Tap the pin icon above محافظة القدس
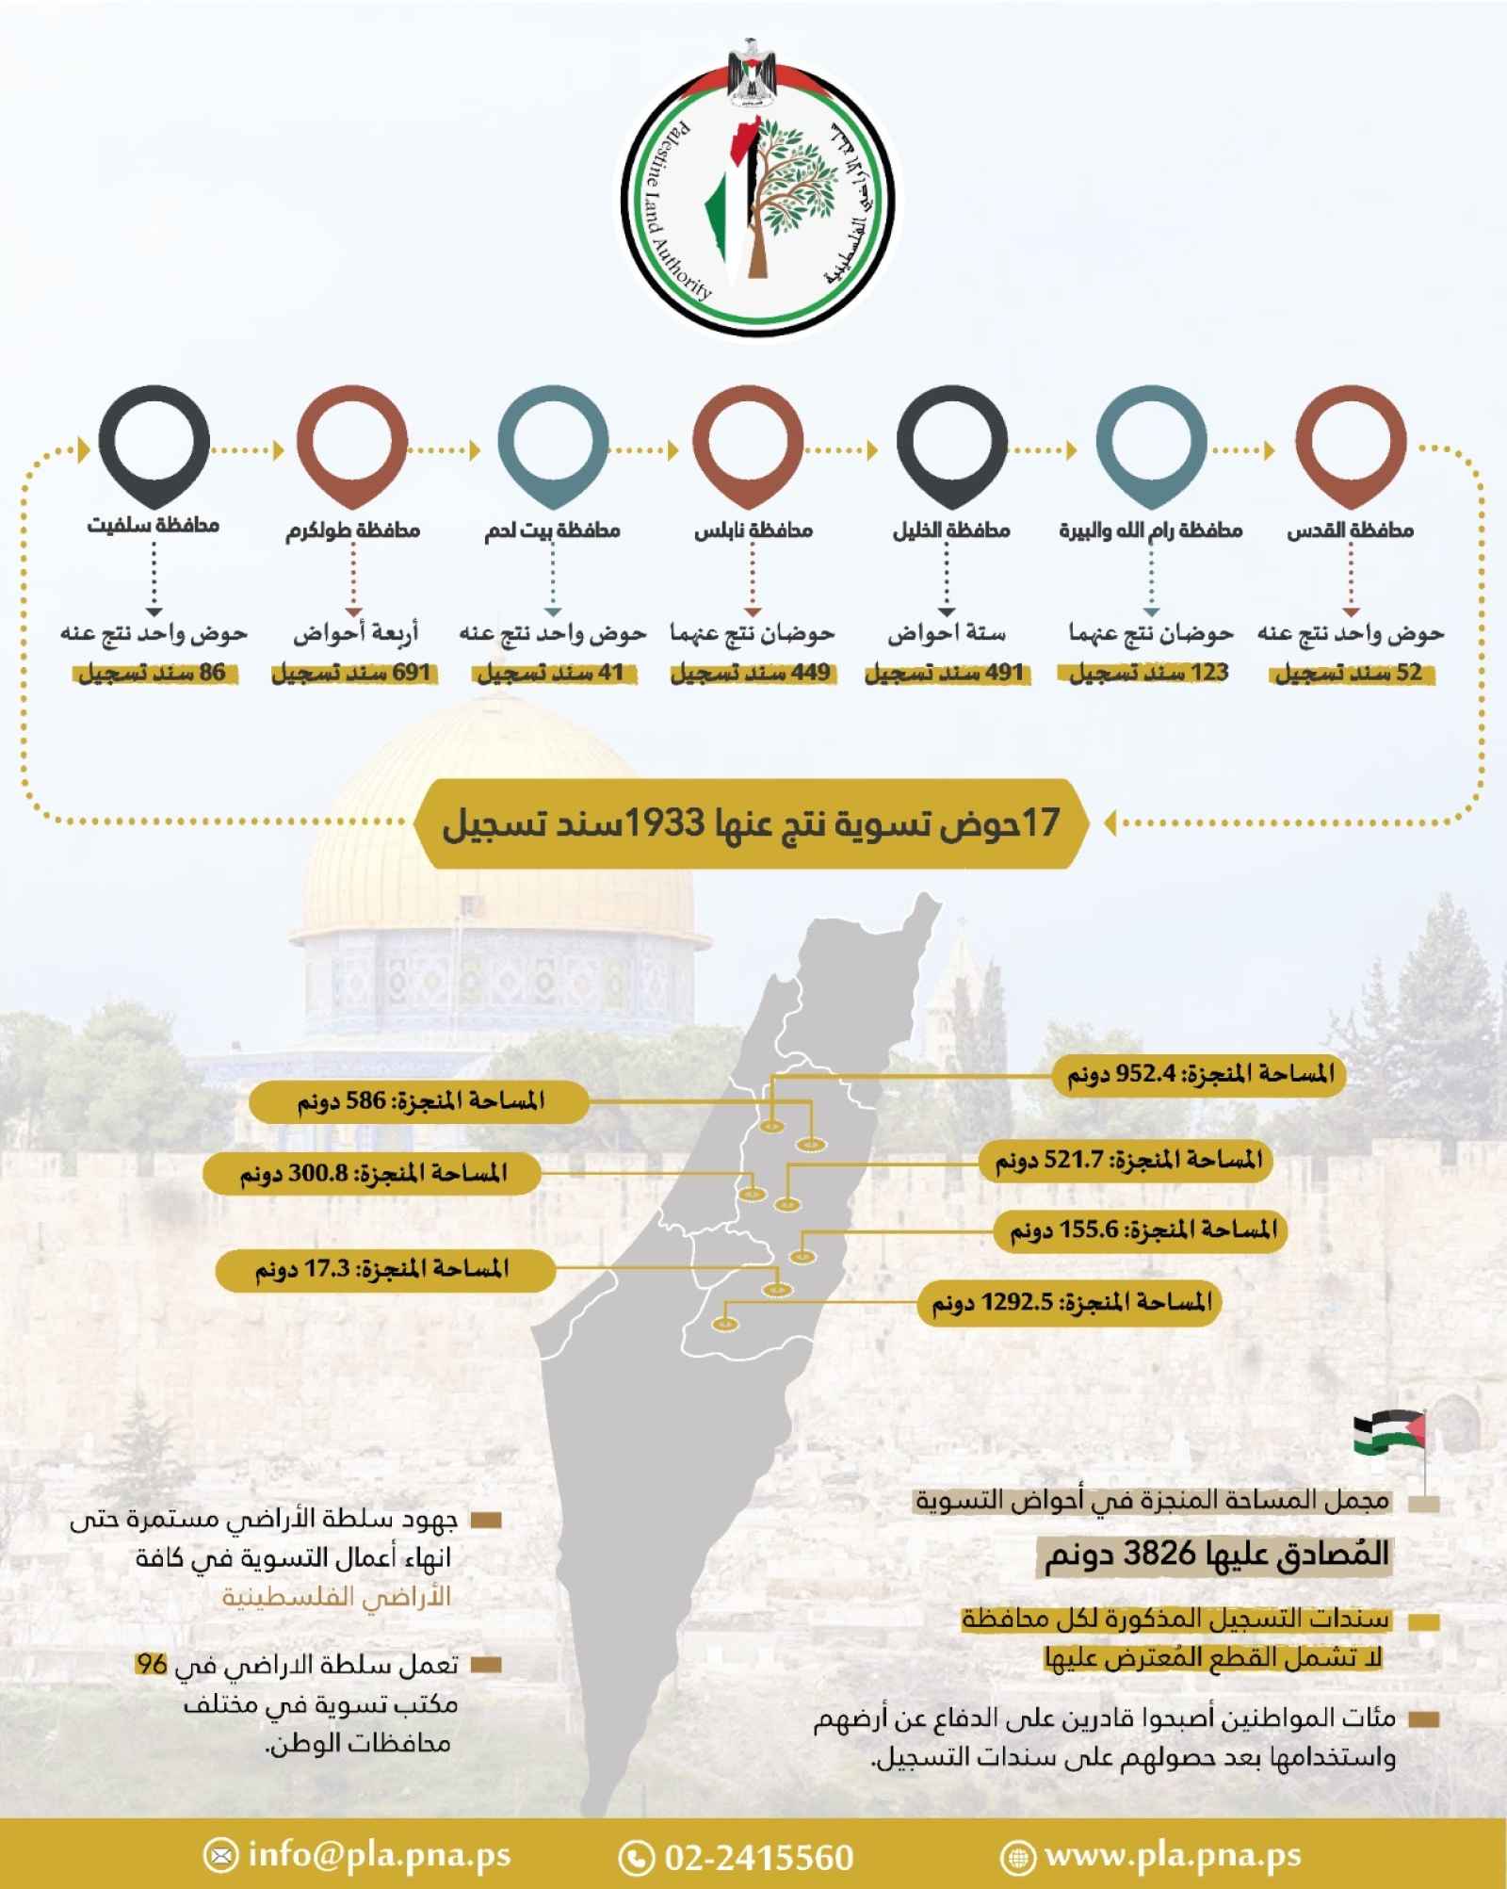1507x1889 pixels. pyautogui.click(x=1350, y=444)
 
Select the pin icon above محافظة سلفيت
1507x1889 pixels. pyautogui.click(x=154, y=442)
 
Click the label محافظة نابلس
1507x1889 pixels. pyautogui.click(x=753, y=530)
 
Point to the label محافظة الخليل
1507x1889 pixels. pyautogui.click(x=950, y=530)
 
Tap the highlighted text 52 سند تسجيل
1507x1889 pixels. pyautogui.click(x=1349, y=674)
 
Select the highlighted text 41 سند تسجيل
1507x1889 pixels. pyautogui.click(x=551, y=674)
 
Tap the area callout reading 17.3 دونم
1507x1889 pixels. pyautogui.click(x=381, y=1269)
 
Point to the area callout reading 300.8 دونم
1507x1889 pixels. pyautogui.click(x=373, y=1173)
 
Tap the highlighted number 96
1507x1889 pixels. pyautogui.click(x=151, y=1664)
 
